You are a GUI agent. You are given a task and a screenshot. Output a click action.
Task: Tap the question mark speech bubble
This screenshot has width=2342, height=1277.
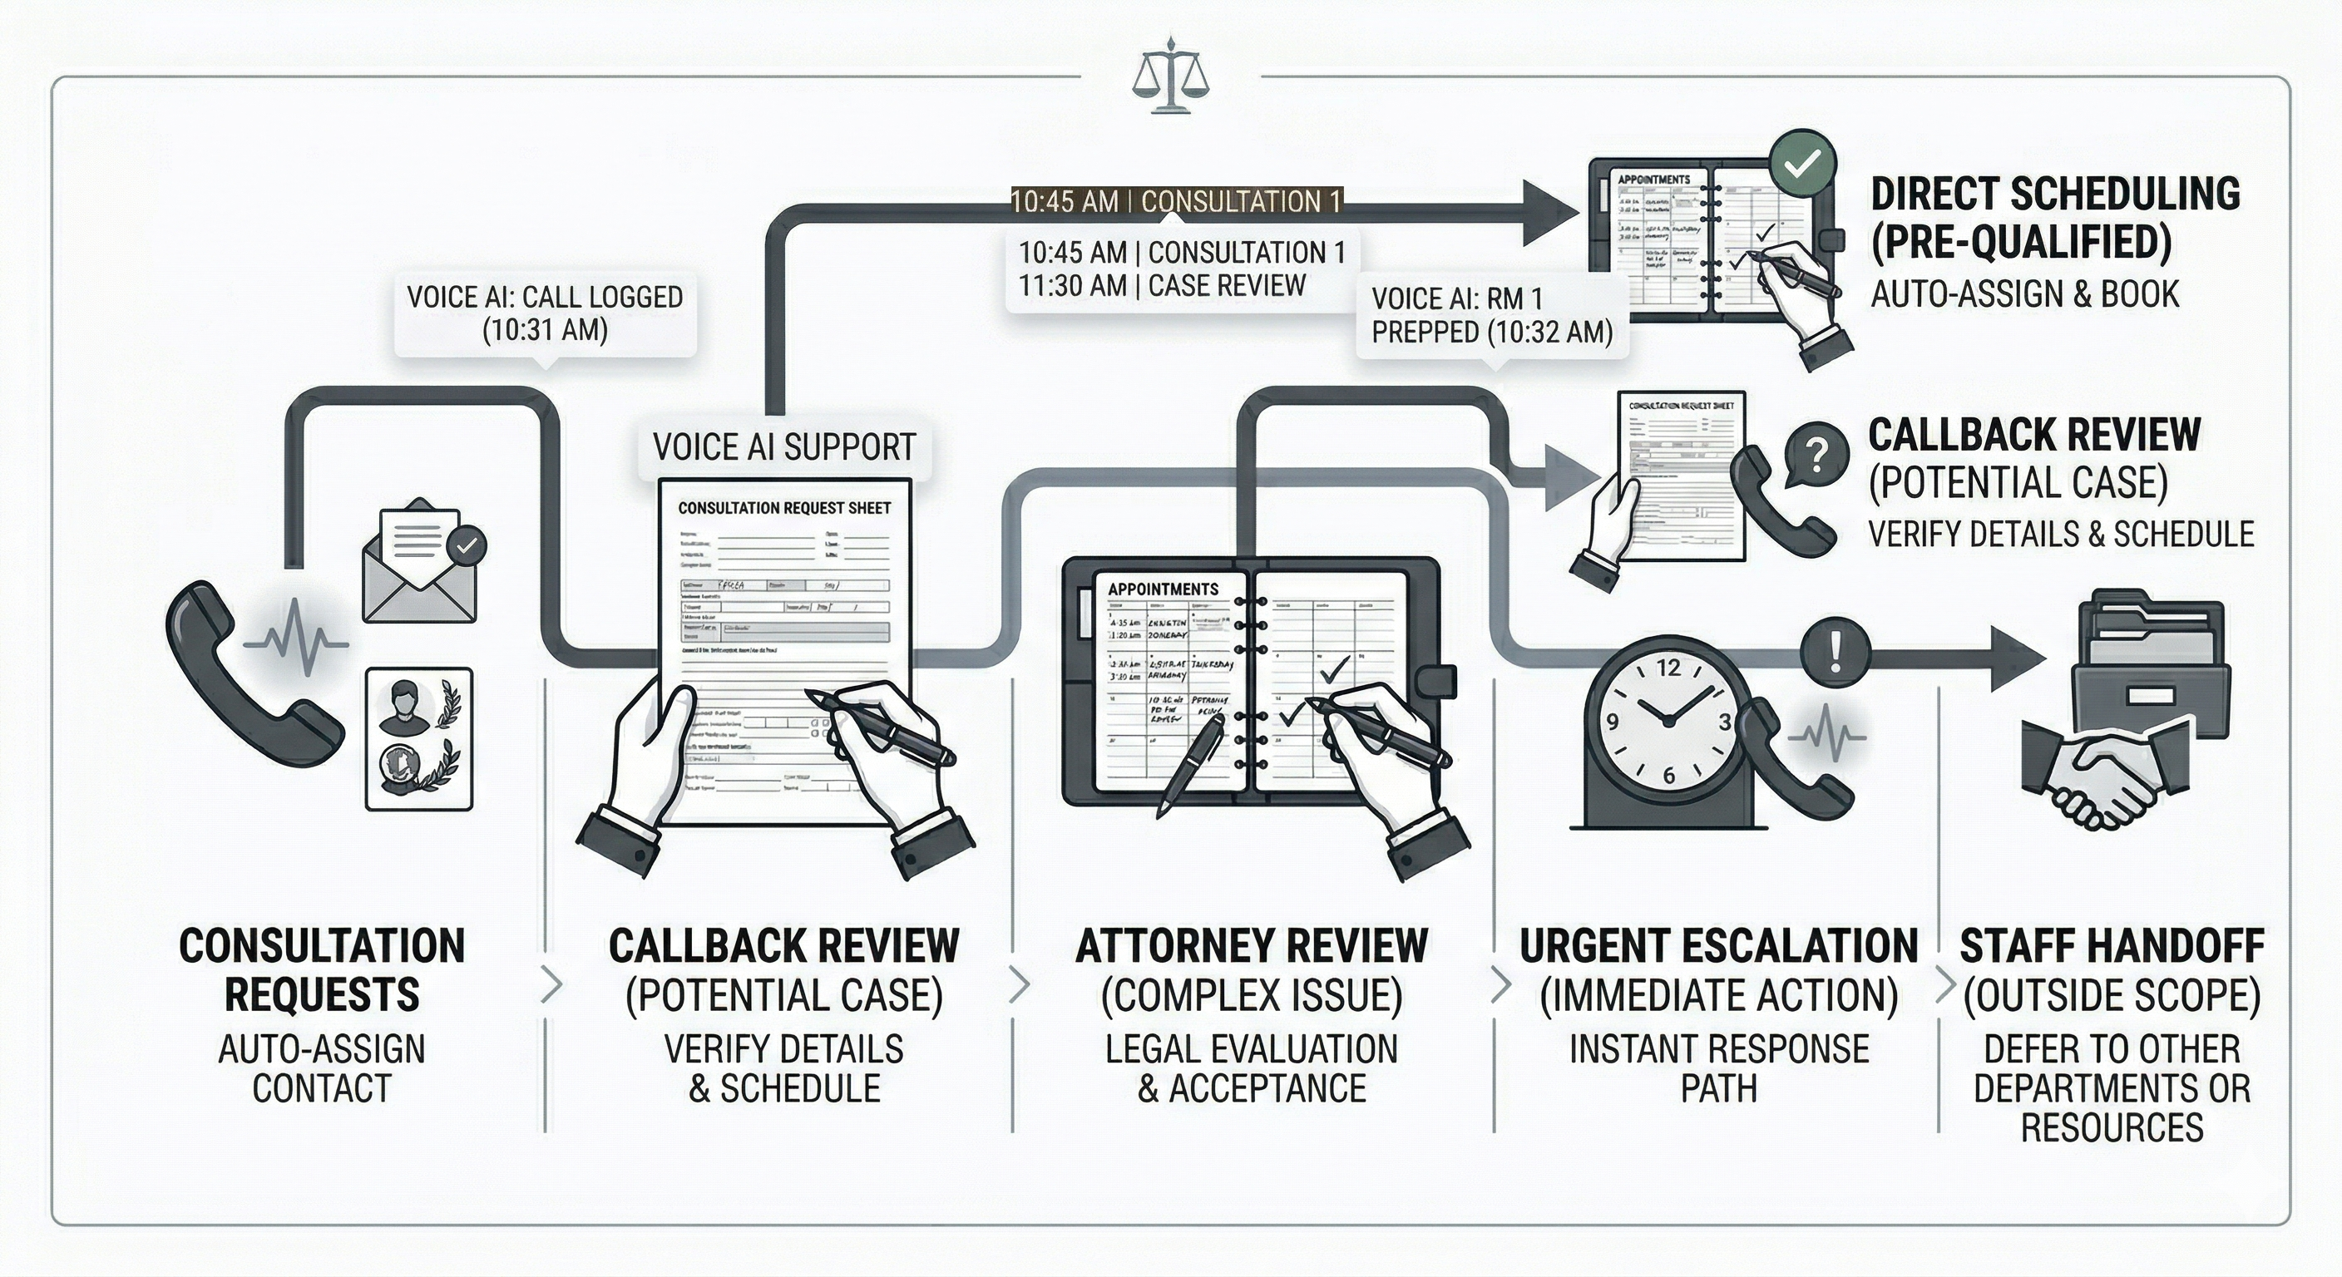pyautogui.click(x=1816, y=455)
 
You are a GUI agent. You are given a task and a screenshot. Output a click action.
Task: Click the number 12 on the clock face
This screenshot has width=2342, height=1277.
pyautogui.click(x=1668, y=669)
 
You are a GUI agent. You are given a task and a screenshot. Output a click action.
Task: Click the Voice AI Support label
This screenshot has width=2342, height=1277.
pyautogui.click(x=783, y=447)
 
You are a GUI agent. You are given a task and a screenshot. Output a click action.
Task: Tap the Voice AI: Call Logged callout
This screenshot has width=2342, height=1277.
pyautogui.click(x=545, y=313)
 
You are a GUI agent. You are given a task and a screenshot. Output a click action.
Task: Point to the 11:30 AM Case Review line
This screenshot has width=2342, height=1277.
pyautogui.click(x=1162, y=286)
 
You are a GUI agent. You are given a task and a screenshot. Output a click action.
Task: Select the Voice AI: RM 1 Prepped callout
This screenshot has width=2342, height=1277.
pyautogui.click(x=1491, y=315)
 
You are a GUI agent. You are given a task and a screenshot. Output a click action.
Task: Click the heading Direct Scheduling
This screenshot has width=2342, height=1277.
pyautogui.click(x=2055, y=195)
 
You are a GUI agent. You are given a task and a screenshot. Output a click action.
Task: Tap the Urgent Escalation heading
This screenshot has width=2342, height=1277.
pyautogui.click(x=1718, y=946)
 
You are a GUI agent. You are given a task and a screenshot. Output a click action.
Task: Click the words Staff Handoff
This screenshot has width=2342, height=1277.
pyautogui.click(x=2111, y=946)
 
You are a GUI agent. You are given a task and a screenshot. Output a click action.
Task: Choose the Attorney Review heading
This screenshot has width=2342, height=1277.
pyautogui.click(x=1251, y=946)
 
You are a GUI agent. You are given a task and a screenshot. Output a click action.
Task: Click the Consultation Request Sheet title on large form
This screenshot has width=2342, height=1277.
pyautogui.click(x=783, y=508)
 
